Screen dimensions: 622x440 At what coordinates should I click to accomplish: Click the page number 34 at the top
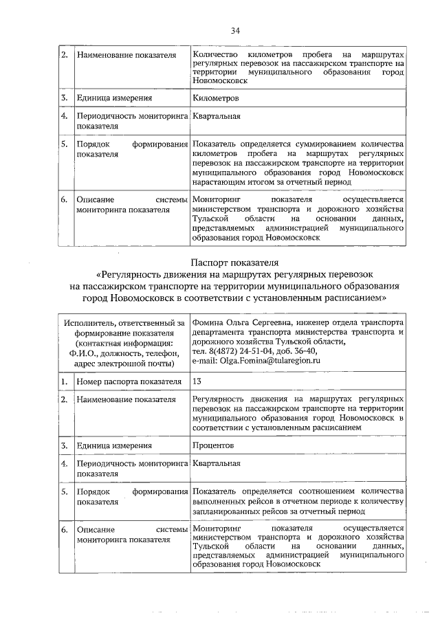click(235, 31)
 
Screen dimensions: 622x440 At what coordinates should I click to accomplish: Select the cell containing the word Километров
click(217, 98)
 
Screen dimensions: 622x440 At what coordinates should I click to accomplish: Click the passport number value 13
click(197, 380)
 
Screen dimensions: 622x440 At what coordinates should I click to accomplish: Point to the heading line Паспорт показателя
click(234, 262)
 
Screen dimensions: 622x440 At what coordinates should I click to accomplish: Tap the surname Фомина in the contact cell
click(208, 321)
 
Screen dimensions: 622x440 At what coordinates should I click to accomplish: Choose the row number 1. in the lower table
click(63, 381)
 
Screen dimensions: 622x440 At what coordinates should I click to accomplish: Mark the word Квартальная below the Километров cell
click(217, 116)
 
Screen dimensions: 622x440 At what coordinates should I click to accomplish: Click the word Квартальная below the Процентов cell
click(217, 464)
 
